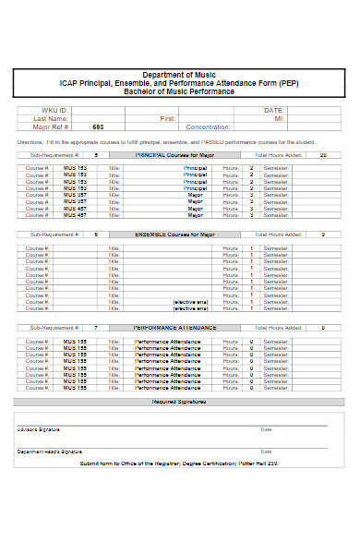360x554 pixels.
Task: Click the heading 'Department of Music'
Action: [x=180, y=74]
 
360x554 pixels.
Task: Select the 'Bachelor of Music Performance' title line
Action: [x=180, y=90]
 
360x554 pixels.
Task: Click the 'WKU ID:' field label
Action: [x=56, y=110]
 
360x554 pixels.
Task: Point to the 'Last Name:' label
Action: [x=51, y=118]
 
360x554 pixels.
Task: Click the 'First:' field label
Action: [x=167, y=118]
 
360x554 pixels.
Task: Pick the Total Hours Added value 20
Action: [x=322, y=156]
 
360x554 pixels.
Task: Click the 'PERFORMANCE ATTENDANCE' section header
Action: [x=174, y=327]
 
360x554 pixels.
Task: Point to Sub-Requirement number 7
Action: [x=96, y=327]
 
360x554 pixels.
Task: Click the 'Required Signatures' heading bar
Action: [x=180, y=402]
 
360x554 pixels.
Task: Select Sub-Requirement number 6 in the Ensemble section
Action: [x=96, y=235]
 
